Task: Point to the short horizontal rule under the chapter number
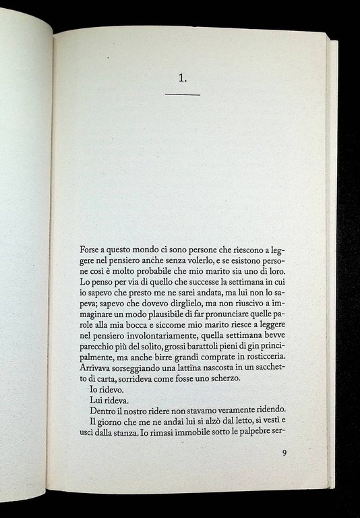182,95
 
